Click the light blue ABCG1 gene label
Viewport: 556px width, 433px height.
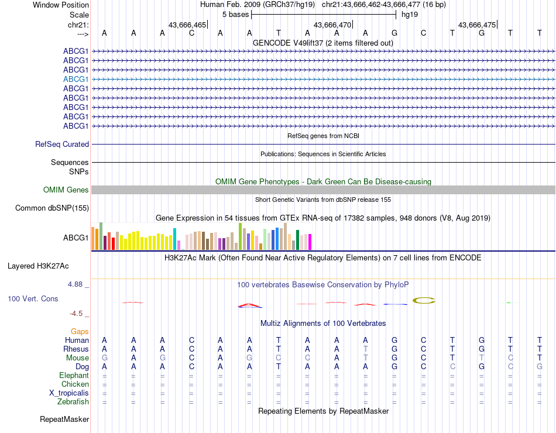point(76,79)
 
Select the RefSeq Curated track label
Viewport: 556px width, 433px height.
point(62,144)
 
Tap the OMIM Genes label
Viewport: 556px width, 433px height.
point(66,190)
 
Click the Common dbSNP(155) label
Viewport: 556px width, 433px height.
point(52,208)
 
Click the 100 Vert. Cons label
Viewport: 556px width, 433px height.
point(33,298)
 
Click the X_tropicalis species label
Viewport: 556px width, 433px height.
point(69,393)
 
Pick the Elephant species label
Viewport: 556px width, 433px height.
point(74,375)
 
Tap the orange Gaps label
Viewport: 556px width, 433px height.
point(80,331)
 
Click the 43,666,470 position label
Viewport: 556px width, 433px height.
point(332,25)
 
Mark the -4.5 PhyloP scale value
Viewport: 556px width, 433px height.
point(78,313)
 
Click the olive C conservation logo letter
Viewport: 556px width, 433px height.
point(424,300)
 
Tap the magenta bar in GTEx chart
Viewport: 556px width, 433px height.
point(310,241)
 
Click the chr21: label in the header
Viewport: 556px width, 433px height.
point(78,25)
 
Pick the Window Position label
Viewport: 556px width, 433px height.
point(61,5)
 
